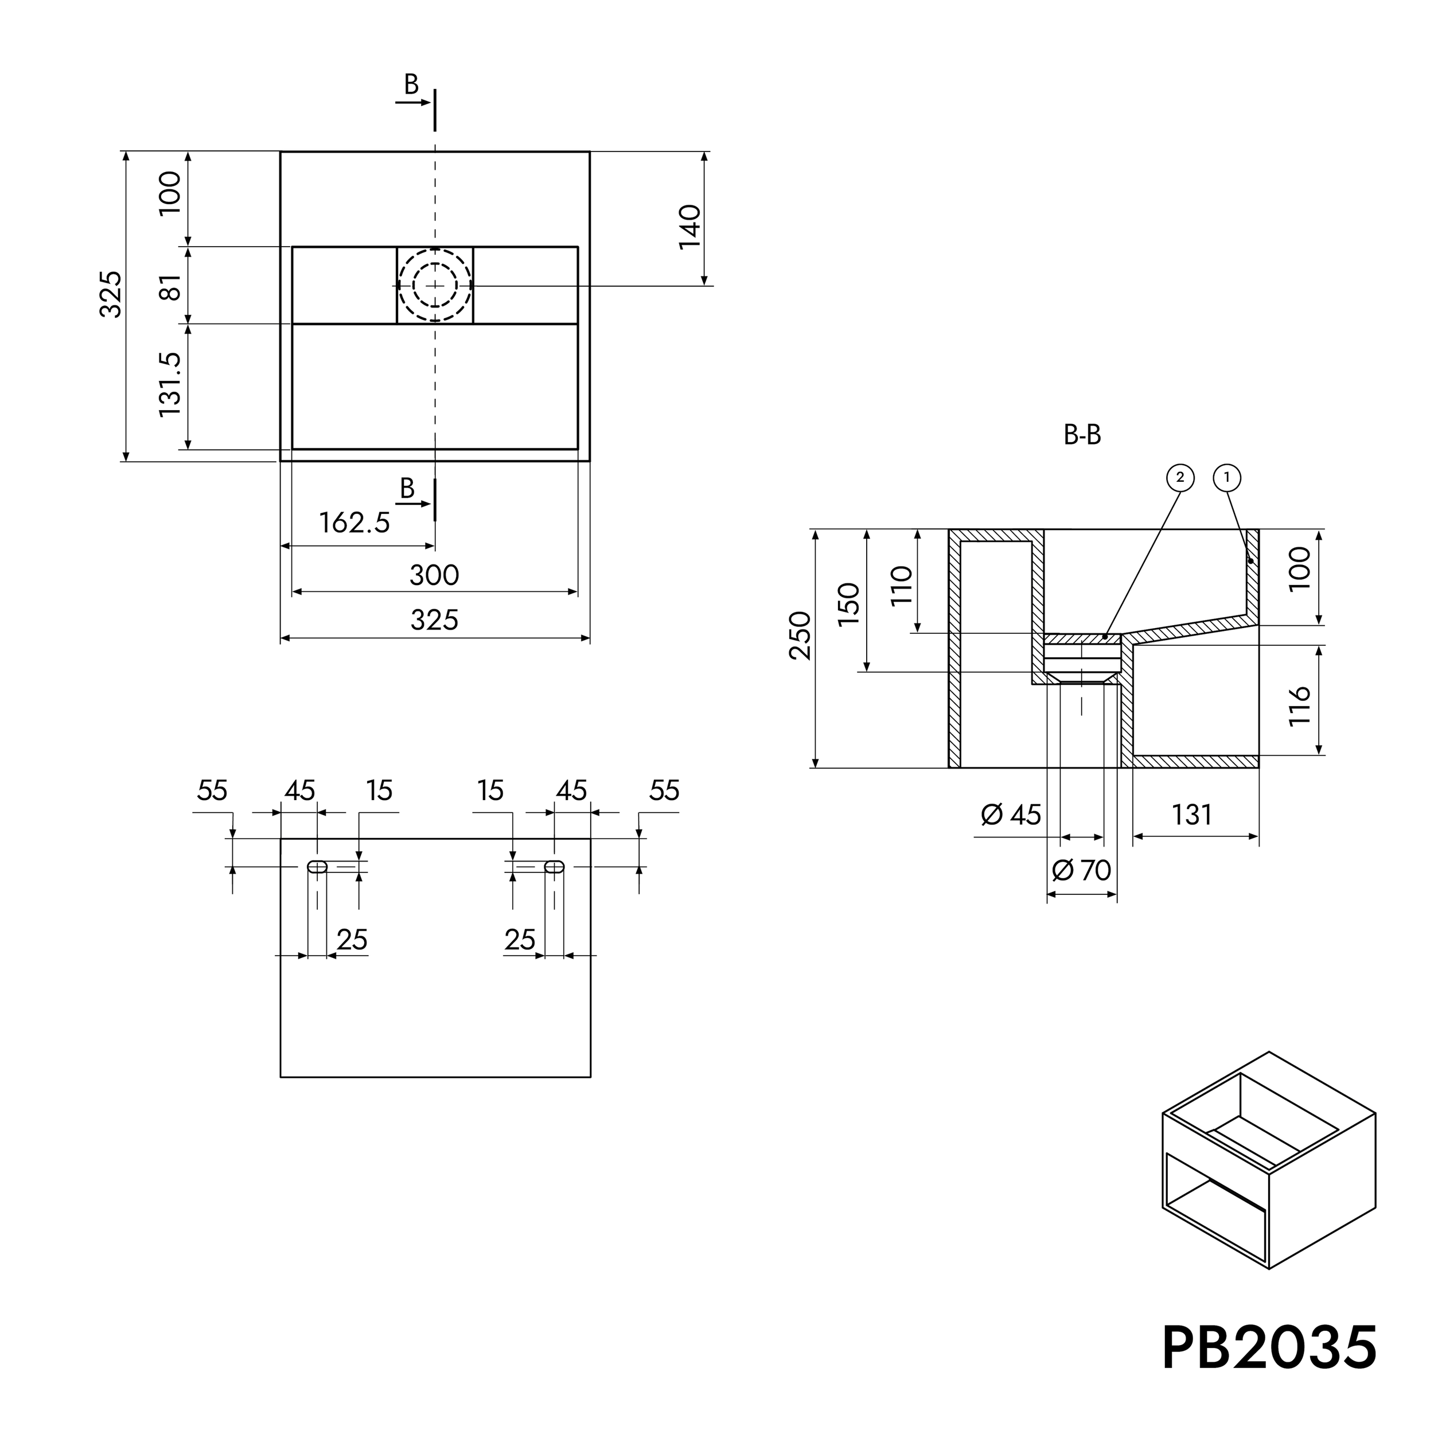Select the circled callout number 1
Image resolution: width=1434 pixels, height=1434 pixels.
(1226, 477)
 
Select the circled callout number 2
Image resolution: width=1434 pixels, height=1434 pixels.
(1180, 477)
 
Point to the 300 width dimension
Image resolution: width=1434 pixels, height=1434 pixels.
(434, 575)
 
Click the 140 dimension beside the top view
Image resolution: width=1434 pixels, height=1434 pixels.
(690, 227)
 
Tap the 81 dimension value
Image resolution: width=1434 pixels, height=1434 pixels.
(171, 286)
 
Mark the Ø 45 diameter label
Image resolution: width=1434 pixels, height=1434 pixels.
(1011, 815)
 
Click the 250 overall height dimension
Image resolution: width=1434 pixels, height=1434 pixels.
(800, 636)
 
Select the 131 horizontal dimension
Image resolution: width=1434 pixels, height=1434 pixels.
(1191, 815)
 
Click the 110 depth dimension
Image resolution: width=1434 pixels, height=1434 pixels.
(901, 586)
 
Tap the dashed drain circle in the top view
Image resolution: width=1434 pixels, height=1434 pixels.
(435, 286)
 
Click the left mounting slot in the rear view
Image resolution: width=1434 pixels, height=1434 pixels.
(318, 866)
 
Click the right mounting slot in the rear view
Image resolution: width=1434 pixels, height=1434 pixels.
(555, 866)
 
